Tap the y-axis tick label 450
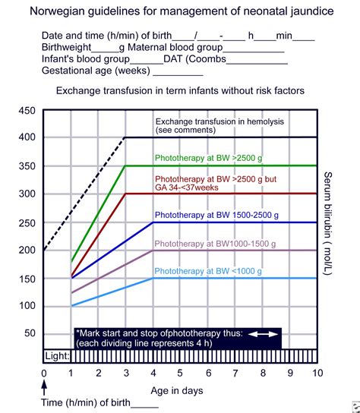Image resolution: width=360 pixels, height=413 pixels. (27, 111)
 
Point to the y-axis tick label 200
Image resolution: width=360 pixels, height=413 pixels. (27, 250)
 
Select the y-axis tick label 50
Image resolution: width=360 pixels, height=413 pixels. (30, 333)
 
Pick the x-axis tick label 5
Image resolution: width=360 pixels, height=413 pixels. (181, 374)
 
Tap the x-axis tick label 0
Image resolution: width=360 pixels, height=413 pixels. (44, 374)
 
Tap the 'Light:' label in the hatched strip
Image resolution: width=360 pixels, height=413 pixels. (58, 355)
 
